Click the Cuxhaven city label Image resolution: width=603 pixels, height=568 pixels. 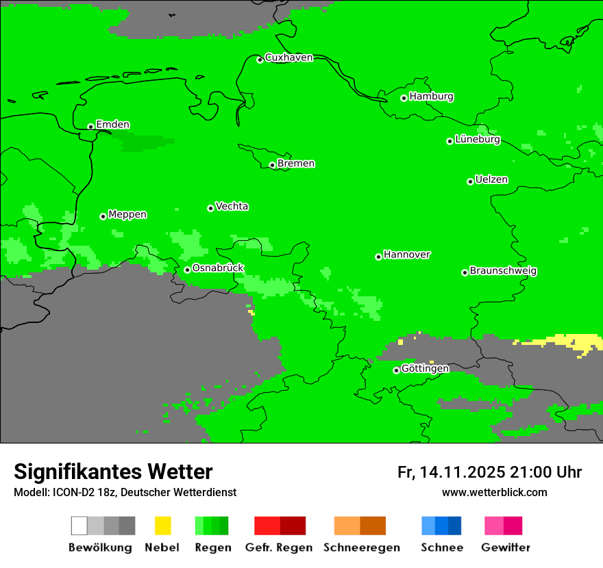(x=288, y=57)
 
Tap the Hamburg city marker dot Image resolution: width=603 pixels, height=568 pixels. (x=404, y=98)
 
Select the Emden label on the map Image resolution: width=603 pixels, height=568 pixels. (x=112, y=125)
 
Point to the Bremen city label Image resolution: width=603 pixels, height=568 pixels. (x=296, y=164)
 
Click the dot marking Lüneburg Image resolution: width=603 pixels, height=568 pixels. (x=450, y=141)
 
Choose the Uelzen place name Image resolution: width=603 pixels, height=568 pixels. (x=491, y=180)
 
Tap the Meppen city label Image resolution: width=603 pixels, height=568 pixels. (x=127, y=215)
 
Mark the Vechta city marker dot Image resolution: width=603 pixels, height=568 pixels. (x=211, y=208)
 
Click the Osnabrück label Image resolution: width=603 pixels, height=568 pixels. (x=218, y=268)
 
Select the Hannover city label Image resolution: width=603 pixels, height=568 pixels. (x=407, y=255)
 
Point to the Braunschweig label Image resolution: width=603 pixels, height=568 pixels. (x=503, y=271)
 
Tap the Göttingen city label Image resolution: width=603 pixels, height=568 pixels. (x=425, y=369)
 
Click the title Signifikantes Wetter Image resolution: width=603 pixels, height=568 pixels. (x=113, y=472)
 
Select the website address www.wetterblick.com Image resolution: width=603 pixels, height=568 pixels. (x=494, y=493)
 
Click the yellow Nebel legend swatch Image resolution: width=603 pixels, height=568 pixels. (x=162, y=526)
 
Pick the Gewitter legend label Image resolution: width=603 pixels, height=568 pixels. (x=505, y=547)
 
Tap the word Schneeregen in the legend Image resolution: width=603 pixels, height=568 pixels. (x=361, y=547)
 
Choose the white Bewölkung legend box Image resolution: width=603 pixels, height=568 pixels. (x=79, y=526)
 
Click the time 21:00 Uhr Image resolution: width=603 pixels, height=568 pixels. (x=545, y=473)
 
